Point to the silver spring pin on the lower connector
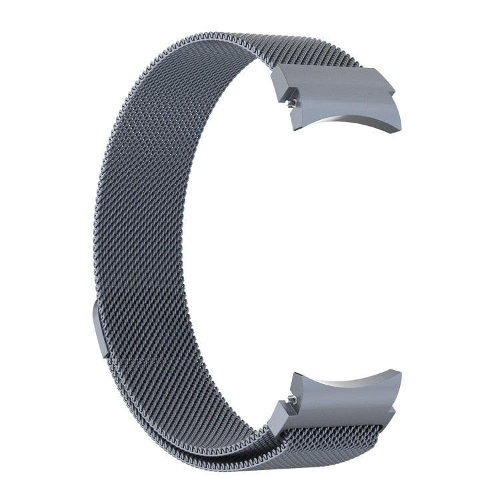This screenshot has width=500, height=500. pyautogui.click(x=291, y=399)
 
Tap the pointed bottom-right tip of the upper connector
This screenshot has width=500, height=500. pyautogui.click(x=399, y=130)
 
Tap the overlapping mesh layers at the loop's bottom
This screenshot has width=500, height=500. pyautogui.click(x=220, y=453)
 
